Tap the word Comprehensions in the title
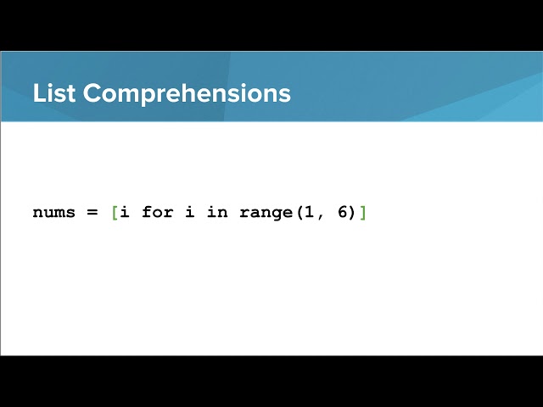tap(187, 94)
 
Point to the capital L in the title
tap(38, 93)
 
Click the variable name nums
tap(54, 212)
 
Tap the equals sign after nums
tap(92, 213)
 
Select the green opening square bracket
tap(115, 212)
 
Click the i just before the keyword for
tap(125, 211)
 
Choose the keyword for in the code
tap(157, 211)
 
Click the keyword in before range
tap(217, 211)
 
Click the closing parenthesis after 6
tap(353, 212)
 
